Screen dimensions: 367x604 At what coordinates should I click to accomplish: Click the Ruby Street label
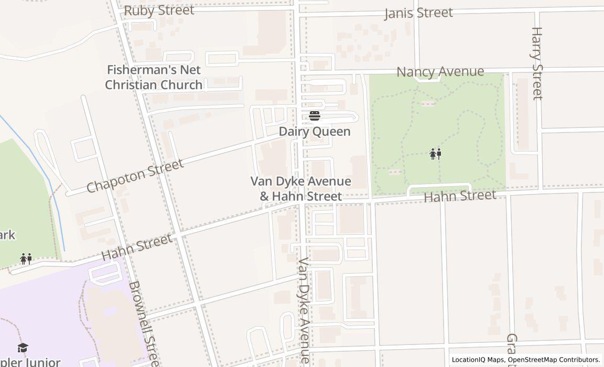point(159,10)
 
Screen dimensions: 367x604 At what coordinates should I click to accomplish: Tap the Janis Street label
point(418,13)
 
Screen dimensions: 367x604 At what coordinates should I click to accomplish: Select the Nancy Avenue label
point(440,71)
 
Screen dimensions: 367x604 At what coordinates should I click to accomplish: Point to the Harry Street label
point(537,63)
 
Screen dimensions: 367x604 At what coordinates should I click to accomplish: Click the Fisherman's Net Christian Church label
point(154,77)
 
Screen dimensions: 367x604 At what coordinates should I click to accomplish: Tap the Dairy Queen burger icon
point(315,116)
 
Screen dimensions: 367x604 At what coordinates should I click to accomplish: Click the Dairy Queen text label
point(315,132)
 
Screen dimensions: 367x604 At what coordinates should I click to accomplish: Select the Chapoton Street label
point(135,176)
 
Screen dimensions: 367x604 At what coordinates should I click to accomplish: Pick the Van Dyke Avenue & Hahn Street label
point(301,189)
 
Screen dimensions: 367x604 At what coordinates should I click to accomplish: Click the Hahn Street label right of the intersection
point(460,196)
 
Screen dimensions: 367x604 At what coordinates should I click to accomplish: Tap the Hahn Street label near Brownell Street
point(137,247)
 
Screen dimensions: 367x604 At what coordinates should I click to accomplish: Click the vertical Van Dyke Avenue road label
point(305,310)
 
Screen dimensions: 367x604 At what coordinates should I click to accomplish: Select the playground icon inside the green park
point(436,154)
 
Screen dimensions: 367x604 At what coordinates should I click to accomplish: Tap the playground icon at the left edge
point(26,258)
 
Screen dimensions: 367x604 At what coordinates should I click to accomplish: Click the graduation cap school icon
point(23,348)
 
